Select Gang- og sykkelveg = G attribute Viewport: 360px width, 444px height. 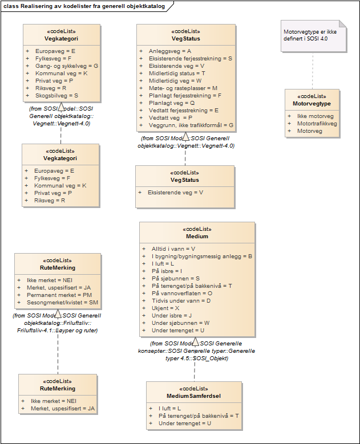pyautogui.click(x=66, y=66)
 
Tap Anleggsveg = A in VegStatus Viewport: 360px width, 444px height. pyautogui.click(x=169, y=51)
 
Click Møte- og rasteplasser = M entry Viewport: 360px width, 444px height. pyautogui.click(x=183, y=88)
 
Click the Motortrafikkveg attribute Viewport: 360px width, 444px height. pyautogui.click(x=317, y=123)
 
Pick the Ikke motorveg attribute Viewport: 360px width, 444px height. pyautogui.click(x=315, y=116)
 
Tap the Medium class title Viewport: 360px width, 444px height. pyautogui.click(x=197, y=236)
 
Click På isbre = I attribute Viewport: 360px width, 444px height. pyautogui.click(x=167, y=271)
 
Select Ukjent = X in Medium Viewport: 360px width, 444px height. pyautogui.click(x=166, y=308)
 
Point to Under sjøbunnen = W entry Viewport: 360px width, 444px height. pyautogui.click(x=180, y=323)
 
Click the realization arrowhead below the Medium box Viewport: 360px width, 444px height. pyautogui.click(x=195, y=342)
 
